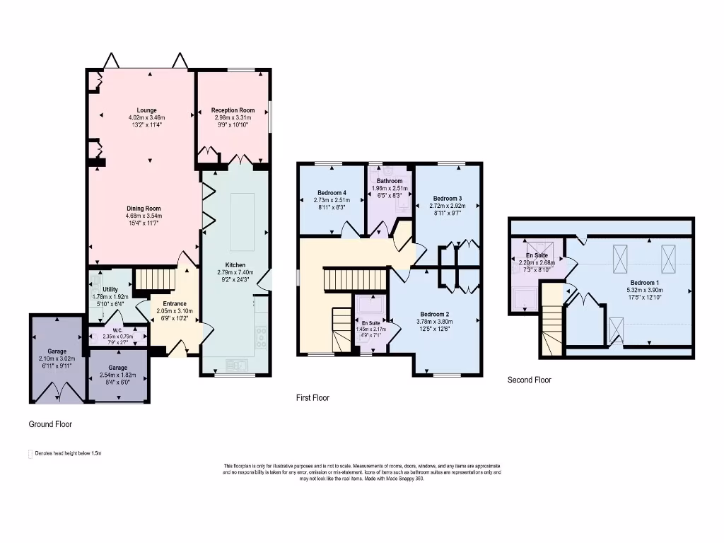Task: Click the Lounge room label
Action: click(146, 110)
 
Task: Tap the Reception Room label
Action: click(233, 110)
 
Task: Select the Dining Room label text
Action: click(144, 209)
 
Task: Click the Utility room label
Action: click(110, 290)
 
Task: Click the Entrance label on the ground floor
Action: click(174, 304)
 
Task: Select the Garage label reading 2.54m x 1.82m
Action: click(118, 368)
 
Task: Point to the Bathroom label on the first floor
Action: click(390, 181)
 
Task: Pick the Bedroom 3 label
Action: click(447, 198)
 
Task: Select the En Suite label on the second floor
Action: click(537, 255)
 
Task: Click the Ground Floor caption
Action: click(50, 424)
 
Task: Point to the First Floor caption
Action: click(313, 398)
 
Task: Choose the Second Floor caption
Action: click(529, 380)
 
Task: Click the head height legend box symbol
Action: click(29, 453)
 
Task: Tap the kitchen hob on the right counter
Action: click(261, 337)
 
